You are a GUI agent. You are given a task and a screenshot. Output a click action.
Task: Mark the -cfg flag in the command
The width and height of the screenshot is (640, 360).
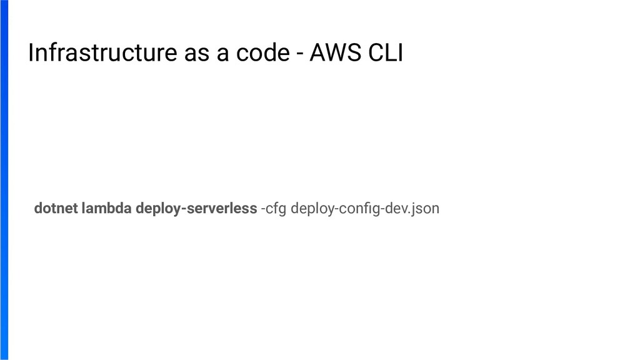pyautogui.click(x=274, y=209)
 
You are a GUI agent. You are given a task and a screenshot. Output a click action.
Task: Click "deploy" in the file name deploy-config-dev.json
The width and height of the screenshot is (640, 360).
pyautogui.click(x=314, y=209)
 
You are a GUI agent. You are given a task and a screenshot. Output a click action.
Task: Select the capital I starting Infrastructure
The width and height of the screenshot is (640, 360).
pyautogui.click(x=31, y=54)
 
